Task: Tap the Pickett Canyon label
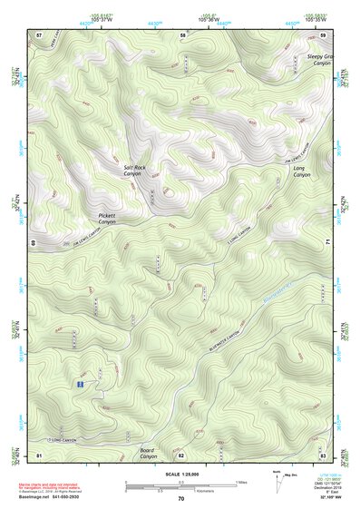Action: (108, 219)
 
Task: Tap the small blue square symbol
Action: (81, 385)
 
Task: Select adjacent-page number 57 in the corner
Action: (39, 34)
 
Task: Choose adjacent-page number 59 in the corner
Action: (324, 34)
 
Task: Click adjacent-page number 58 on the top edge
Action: (182, 34)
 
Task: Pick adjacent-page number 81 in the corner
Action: (39, 455)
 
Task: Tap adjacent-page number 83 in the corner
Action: (323, 455)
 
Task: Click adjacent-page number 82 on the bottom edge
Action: (181, 455)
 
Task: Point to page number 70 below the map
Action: (181, 498)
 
